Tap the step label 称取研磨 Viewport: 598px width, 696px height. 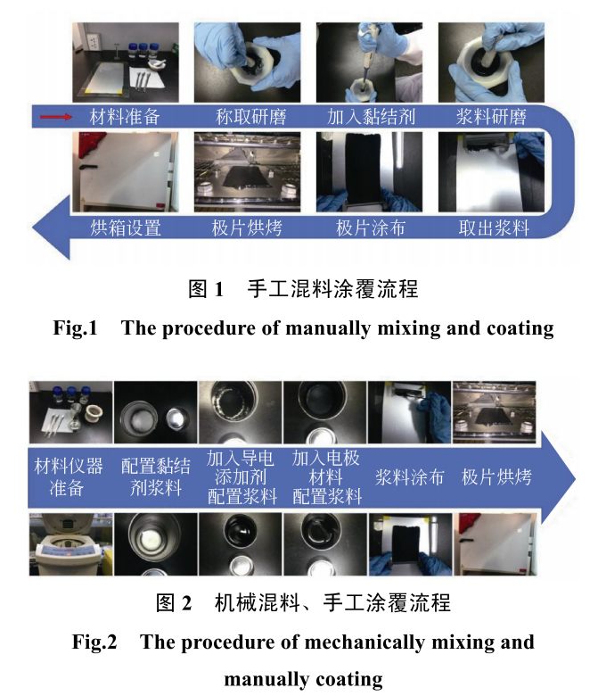(251, 117)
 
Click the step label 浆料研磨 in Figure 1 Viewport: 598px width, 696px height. (491, 117)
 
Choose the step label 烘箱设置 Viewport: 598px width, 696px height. (126, 228)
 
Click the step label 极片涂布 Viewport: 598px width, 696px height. (371, 228)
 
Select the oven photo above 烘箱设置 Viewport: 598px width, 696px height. (126, 172)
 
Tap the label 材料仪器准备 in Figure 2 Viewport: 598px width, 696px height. (69, 476)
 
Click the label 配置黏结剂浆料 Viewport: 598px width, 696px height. (155, 476)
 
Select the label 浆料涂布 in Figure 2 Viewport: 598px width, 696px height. (409, 476)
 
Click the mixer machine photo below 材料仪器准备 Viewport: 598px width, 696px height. (70, 543)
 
